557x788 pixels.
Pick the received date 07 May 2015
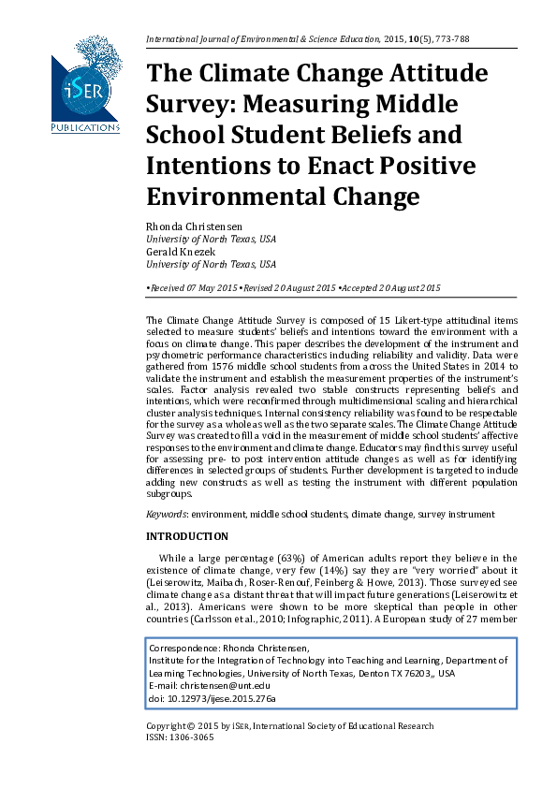coord(205,288)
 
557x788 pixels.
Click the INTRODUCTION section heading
coord(187,536)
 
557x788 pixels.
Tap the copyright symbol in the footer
coord(191,726)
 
